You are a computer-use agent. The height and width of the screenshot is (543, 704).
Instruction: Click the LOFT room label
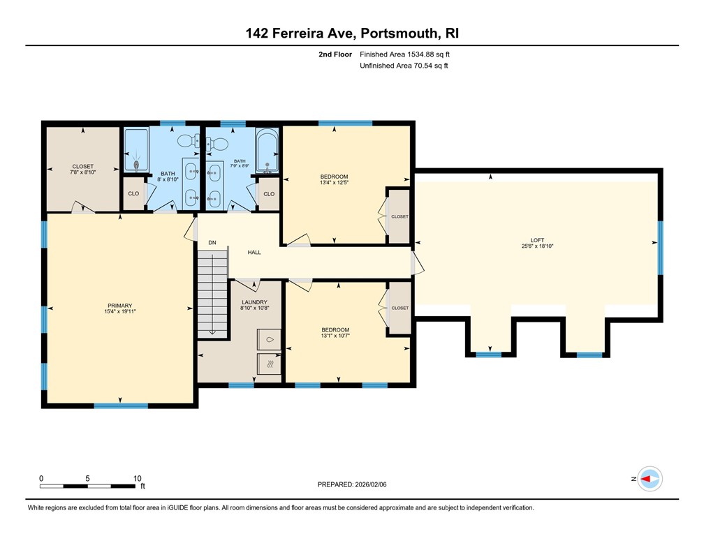tap(536, 240)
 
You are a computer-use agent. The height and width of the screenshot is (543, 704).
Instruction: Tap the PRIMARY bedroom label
tap(119, 305)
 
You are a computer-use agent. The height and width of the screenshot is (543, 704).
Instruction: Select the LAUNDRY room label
tap(254, 302)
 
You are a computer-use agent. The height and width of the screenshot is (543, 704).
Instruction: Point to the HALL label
tap(254, 252)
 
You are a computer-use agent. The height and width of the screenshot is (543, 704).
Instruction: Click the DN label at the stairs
tap(212, 243)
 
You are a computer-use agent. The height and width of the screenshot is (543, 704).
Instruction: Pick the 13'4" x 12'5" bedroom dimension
tap(333, 183)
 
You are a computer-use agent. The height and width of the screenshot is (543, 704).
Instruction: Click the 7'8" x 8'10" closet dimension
tap(82, 172)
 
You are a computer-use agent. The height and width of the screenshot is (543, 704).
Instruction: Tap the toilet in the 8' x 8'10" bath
tap(186, 142)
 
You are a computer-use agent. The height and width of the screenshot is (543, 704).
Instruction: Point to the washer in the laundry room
tap(269, 339)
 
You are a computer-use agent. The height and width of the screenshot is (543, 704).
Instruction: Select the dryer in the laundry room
tap(269, 364)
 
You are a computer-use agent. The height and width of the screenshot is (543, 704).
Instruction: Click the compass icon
tap(650, 479)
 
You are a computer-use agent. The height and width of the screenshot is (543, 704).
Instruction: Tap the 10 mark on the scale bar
tap(138, 478)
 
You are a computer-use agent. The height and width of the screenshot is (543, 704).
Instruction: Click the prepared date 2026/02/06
tap(352, 484)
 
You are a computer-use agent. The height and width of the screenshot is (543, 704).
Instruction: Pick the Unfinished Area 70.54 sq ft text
tap(404, 66)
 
